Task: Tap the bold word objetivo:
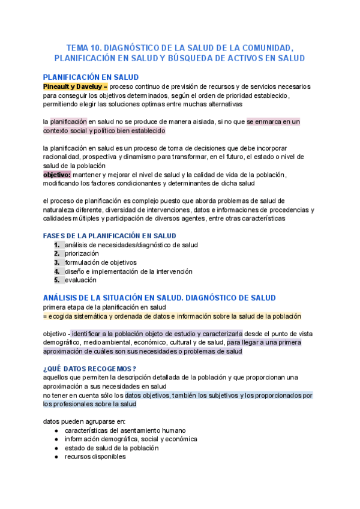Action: (x=57, y=174)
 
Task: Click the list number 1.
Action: (x=57, y=245)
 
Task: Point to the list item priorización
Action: (x=82, y=254)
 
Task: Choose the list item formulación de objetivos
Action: (x=101, y=262)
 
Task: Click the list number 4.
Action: (x=57, y=271)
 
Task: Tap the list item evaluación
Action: (x=81, y=280)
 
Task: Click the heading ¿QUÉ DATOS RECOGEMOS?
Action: (x=90, y=369)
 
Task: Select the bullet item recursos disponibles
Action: (x=95, y=457)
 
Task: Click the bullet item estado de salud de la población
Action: (x=112, y=448)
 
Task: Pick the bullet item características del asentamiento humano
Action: (x=125, y=430)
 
